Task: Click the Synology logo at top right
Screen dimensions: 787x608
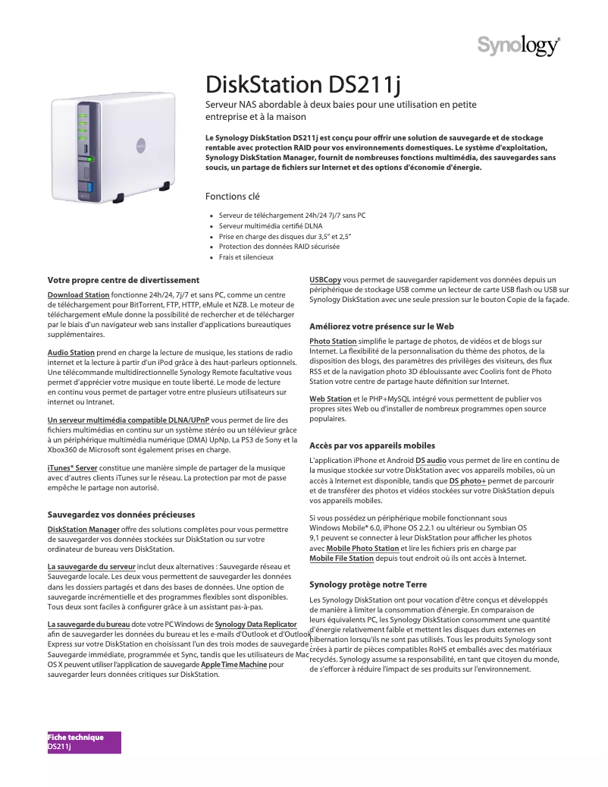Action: click(519, 46)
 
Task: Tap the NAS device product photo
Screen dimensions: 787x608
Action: click(113, 150)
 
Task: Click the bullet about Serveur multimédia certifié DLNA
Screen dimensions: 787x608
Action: click(270, 226)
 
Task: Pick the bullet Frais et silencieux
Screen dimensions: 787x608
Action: click(246, 257)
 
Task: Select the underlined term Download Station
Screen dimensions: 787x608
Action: click(78, 294)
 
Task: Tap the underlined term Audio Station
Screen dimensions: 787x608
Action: click(71, 353)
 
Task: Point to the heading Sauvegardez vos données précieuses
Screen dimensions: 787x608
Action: click(121, 515)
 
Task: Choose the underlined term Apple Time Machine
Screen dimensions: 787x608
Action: click(233, 665)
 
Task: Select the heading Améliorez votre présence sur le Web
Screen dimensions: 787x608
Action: click(382, 326)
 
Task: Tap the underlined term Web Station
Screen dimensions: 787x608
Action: click(331, 398)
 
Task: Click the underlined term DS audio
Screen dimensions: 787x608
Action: click(431, 460)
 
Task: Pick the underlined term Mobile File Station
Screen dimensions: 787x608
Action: click(342, 559)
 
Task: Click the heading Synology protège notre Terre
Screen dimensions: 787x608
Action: click(368, 585)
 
